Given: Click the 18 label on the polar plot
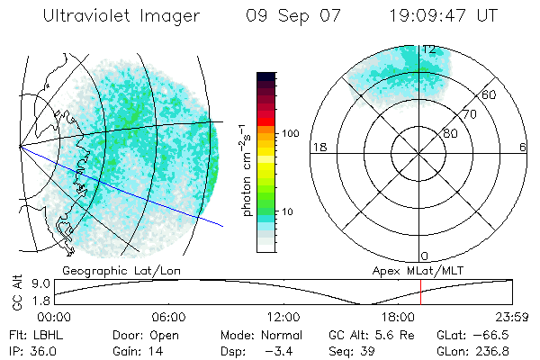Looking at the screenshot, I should click(318, 147).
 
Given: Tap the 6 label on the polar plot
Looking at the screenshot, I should click(523, 147).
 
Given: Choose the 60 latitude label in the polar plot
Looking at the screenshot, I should click(490, 94).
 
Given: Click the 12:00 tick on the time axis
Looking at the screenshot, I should click(283, 317).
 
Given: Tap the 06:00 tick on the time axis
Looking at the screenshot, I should click(168, 317).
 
